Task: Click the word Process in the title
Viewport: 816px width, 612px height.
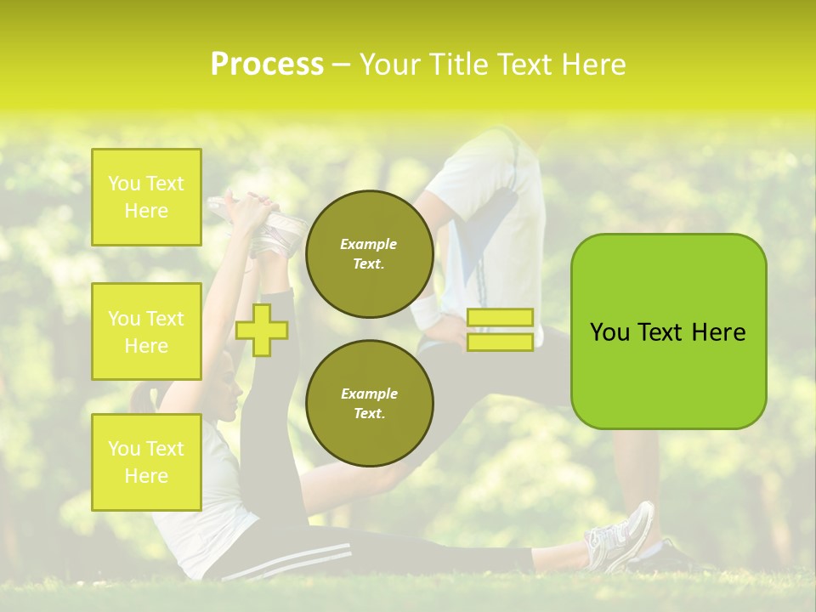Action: [x=267, y=65]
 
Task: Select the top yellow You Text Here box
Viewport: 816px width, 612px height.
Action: [x=146, y=197]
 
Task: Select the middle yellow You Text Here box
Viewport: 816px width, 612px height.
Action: [x=146, y=331]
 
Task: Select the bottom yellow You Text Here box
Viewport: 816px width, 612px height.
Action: [x=146, y=462]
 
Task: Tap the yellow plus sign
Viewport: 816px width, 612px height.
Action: [x=262, y=330]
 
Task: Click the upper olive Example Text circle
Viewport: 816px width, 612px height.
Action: [x=369, y=254]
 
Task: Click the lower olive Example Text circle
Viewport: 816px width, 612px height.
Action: [x=369, y=403]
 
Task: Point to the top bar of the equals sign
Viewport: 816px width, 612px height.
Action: [x=500, y=318]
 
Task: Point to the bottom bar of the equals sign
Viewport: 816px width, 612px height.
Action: [x=500, y=342]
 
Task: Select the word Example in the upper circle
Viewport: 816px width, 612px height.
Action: [x=369, y=244]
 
